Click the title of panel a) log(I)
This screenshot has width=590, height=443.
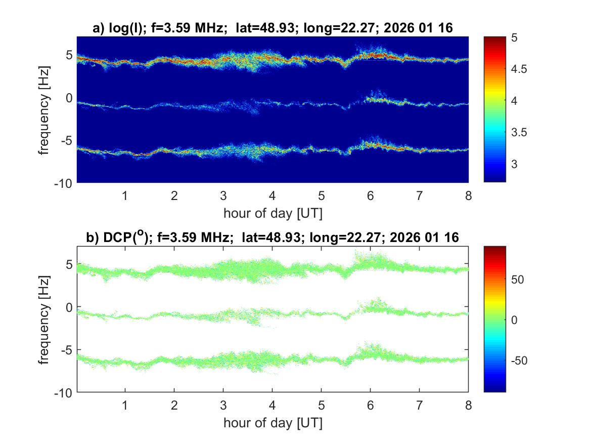click(x=273, y=29)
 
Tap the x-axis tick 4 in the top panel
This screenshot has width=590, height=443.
click(x=273, y=195)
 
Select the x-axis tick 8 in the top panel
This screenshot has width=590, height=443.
click(x=469, y=195)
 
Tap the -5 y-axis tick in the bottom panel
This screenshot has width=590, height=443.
click(x=66, y=350)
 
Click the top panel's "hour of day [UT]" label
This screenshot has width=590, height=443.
click(x=273, y=213)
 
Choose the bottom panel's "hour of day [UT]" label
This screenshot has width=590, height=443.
click(x=273, y=422)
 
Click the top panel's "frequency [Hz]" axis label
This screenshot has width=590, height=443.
click(x=46, y=109)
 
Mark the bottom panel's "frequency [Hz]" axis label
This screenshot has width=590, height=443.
click(x=46, y=319)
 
